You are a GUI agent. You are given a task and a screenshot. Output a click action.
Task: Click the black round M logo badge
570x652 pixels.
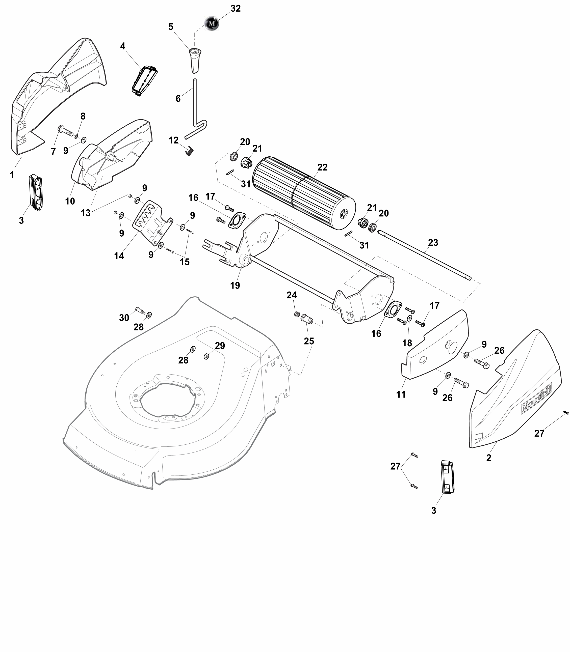point(212,23)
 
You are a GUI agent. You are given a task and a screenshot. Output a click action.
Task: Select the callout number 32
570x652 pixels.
point(235,9)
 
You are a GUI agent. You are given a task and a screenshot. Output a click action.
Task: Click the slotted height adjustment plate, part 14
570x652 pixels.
point(152,223)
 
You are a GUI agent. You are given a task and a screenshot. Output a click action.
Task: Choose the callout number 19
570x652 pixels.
point(235,285)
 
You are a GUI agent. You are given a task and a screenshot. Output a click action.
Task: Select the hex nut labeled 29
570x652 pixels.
point(206,356)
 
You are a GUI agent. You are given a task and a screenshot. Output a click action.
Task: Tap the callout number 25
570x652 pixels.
point(309,341)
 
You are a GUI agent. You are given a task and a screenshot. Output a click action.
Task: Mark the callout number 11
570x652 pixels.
point(401,394)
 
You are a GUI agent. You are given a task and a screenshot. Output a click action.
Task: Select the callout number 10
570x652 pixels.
point(70,201)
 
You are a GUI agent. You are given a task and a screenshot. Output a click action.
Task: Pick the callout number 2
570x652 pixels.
point(488,458)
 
